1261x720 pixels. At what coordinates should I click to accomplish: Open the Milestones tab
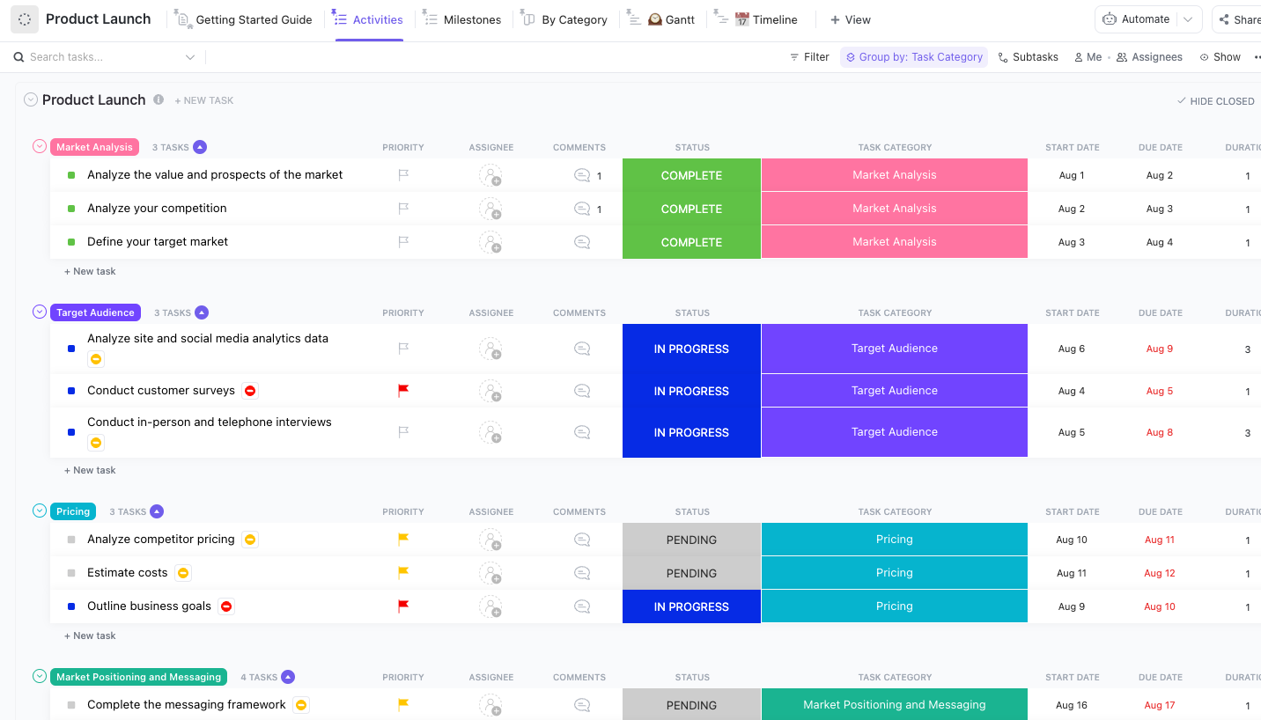click(x=472, y=19)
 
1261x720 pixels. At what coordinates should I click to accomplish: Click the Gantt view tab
click(x=679, y=19)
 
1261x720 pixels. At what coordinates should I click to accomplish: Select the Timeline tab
click(x=774, y=19)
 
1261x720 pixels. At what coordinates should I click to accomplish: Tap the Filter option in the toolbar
click(x=809, y=57)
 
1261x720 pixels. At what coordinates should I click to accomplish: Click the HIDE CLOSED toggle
click(x=1215, y=101)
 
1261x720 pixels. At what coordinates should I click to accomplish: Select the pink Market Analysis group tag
click(x=94, y=147)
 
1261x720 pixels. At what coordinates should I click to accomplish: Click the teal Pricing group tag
click(x=73, y=511)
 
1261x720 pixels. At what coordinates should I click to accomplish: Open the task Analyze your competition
click(x=157, y=209)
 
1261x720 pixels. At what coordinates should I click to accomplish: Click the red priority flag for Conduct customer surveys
click(x=403, y=391)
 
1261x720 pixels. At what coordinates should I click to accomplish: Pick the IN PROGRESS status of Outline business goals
click(x=691, y=606)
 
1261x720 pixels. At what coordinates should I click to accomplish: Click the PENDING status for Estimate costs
click(x=691, y=573)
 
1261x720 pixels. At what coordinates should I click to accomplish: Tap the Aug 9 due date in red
click(x=1159, y=349)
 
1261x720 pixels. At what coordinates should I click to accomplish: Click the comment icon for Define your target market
click(x=581, y=242)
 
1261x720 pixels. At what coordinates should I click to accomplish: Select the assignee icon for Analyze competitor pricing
click(x=490, y=540)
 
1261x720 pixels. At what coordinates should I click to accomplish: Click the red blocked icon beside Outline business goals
click(x=226, y=606)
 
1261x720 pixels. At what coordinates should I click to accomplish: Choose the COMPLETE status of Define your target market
click(x=691, y=242)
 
